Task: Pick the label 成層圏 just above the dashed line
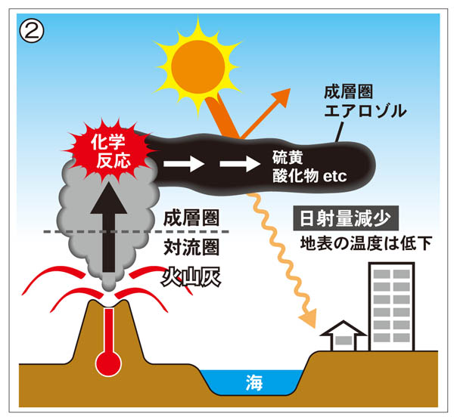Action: coord(191,218)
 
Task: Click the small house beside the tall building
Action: coord(343,338)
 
